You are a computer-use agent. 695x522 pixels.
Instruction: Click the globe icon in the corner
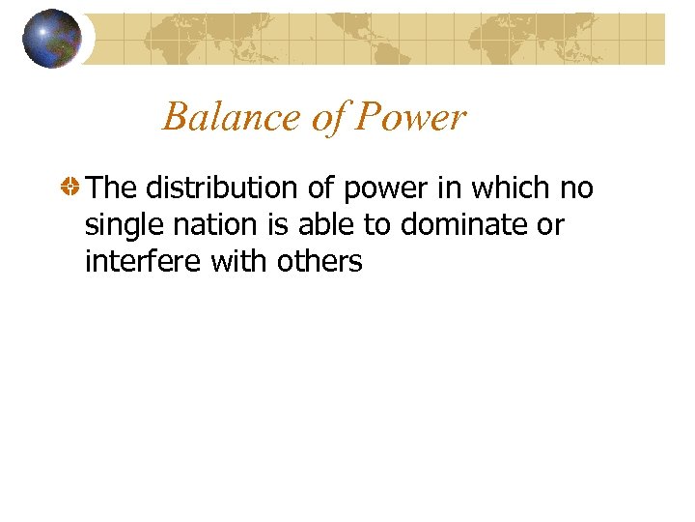(52, 39)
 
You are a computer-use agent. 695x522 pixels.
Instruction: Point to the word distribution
(225, 188)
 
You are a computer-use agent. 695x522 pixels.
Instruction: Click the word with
(246, 260)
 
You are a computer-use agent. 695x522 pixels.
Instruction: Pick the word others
(323, 260)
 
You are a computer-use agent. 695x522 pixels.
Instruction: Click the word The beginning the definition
(112, 188)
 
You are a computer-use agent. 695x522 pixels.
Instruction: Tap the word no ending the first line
(576, 189)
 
